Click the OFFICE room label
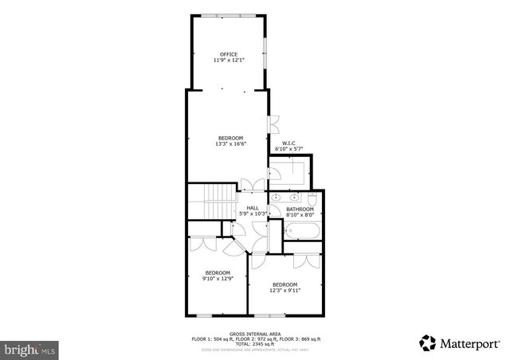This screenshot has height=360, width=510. pos(229,54)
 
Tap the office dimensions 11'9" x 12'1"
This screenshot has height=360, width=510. pos(229,61)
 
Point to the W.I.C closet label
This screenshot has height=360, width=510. pos(288,143)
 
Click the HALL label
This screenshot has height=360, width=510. pos(253,209)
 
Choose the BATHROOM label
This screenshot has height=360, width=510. pos(300,209)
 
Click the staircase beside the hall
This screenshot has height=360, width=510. pos(214,202)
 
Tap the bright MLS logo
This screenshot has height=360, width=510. pos(30,349)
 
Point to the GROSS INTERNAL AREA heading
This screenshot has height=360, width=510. pos(254,334)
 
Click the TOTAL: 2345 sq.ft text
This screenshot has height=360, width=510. pos(255,343)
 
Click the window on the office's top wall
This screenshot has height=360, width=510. pos(229,16)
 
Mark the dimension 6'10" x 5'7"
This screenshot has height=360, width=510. pos(288,149)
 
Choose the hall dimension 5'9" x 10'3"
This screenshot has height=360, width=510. pos(253,214)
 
